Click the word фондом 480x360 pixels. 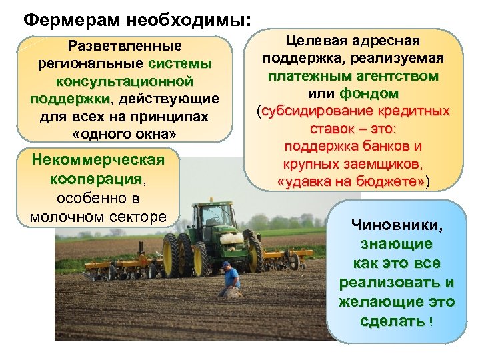[369, 93]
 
